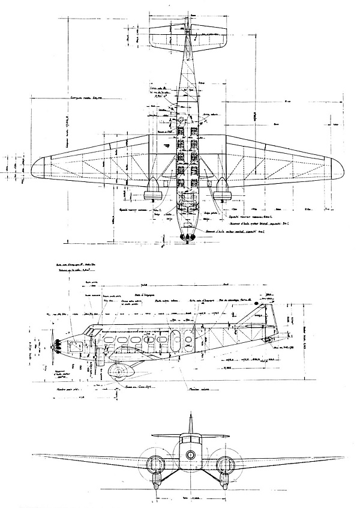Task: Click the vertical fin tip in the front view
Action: tap(190, 417)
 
